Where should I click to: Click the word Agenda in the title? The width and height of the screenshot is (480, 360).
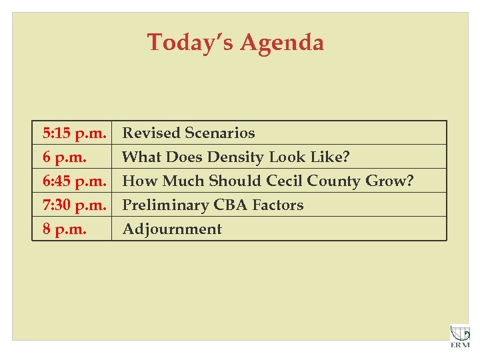coord(282,43)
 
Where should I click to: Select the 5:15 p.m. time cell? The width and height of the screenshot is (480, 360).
coord(74,133)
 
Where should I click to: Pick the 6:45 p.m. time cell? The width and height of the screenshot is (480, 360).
coord(74,181)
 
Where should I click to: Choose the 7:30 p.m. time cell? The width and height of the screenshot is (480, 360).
coord(74,205)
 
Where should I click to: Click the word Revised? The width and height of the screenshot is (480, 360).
coord(151,133)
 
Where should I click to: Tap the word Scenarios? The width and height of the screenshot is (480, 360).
coord(220,133)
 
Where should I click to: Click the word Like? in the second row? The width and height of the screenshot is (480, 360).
coord(331,157)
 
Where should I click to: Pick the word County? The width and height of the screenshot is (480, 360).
coord(335,181)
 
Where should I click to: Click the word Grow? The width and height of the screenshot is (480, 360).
coord(390,181)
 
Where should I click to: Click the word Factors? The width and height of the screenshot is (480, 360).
coord(277,205)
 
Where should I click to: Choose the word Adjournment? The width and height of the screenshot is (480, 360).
coord(172,229)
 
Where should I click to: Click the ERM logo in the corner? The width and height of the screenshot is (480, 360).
coord(459,335)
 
